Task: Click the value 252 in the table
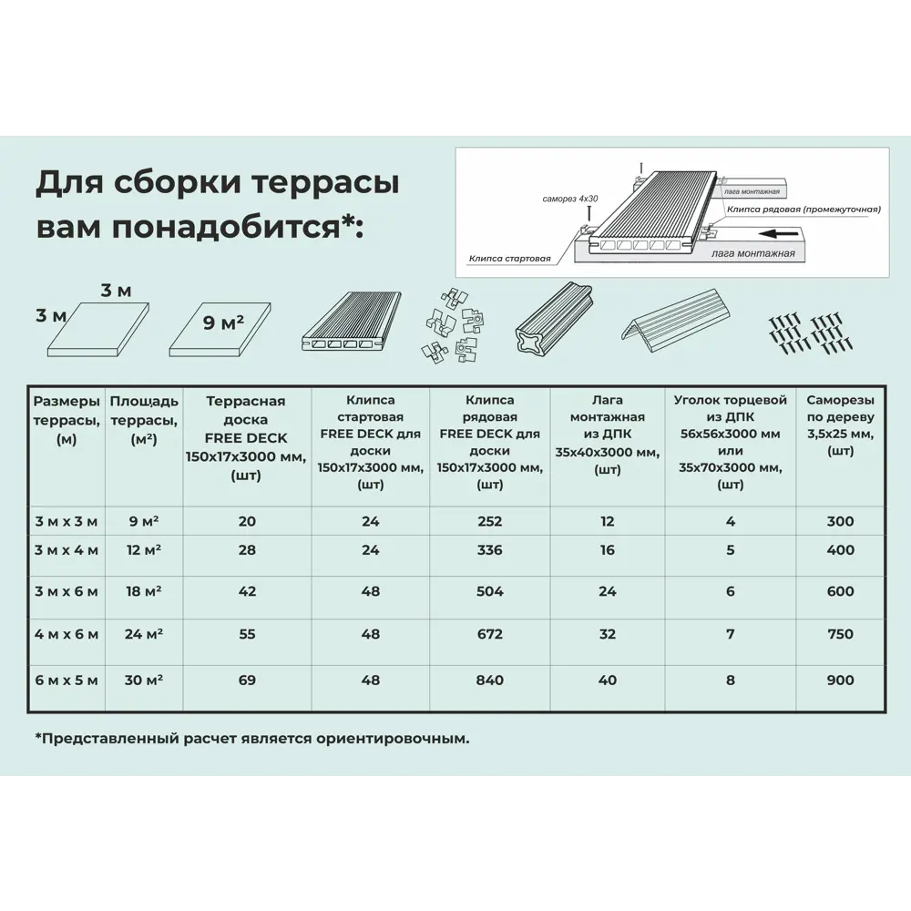[x=489, y=521]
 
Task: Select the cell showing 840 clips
[x=489, y=680]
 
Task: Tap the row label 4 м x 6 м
[x=66, y=634]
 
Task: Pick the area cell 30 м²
[x=143, y=680]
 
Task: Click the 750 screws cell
[x=840, y=634]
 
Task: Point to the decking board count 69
[x=247, y=680]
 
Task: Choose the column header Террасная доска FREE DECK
[x=246, y=438]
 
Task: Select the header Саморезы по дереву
[x=840, y=425]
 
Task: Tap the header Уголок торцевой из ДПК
[x=730, y=442]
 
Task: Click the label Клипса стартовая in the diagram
[x=510, y=259]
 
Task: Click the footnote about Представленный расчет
[x=252, y=738]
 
